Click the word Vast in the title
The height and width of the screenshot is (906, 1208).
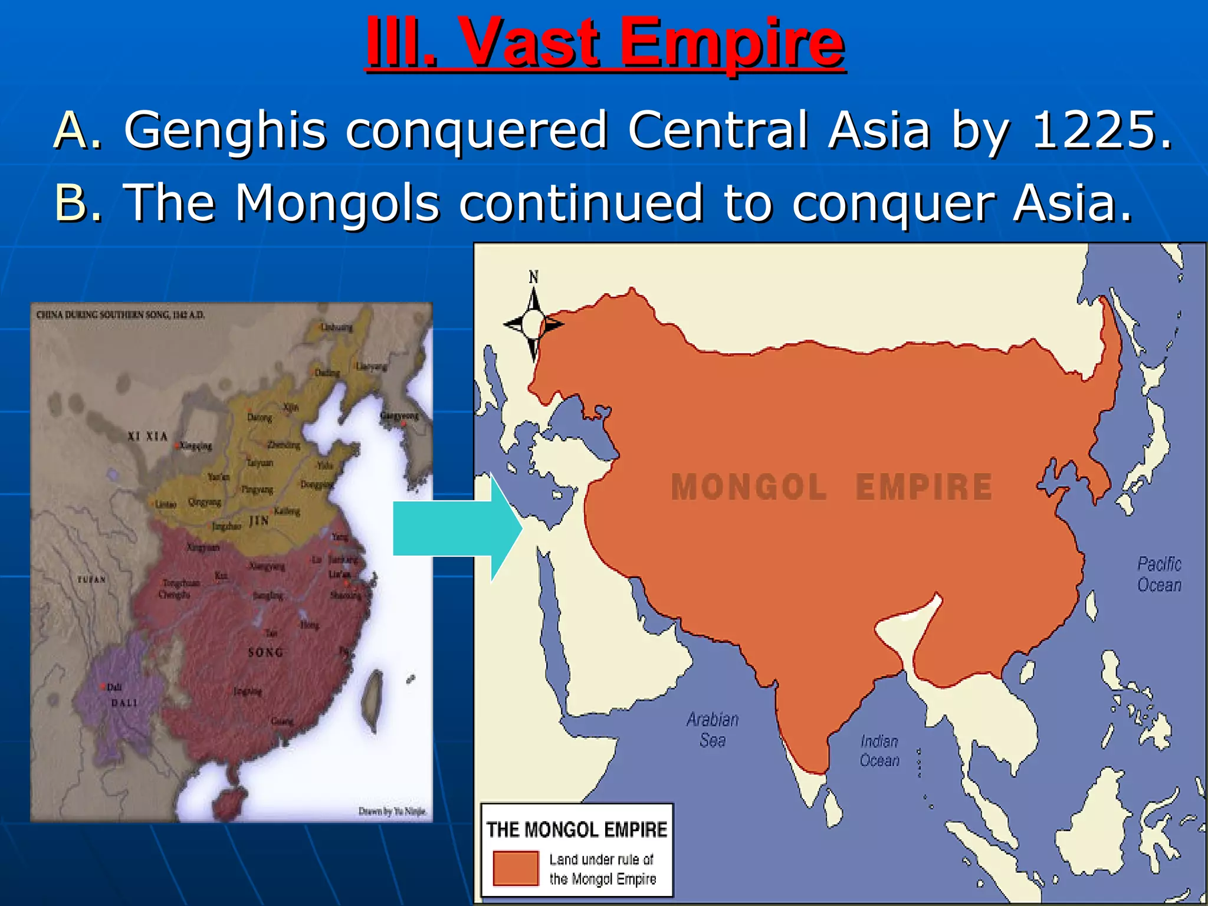coord(531,42)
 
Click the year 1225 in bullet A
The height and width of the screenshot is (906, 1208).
coord(1101,130)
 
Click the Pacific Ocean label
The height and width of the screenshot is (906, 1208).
coord(1159,574)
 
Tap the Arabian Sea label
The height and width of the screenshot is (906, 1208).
coord(713,730)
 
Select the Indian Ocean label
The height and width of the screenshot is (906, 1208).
coord(879,751)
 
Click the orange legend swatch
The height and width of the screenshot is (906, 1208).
coord(516,868)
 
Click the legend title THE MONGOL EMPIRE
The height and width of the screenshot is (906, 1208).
coord(576,829)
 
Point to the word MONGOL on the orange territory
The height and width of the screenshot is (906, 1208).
coord(749,487)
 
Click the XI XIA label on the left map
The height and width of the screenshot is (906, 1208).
coord(148,436)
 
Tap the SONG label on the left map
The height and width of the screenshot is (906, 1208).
coord(265,652)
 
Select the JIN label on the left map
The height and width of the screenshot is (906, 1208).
coord(259,521)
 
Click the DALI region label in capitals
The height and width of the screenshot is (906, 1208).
coord(124,703)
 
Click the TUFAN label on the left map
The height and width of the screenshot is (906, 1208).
coord(91,580)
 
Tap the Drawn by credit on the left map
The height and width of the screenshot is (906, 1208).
coord(392,812)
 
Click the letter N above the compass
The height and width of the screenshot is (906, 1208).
coord(533,277)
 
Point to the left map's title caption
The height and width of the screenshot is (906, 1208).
coord(120,315)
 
